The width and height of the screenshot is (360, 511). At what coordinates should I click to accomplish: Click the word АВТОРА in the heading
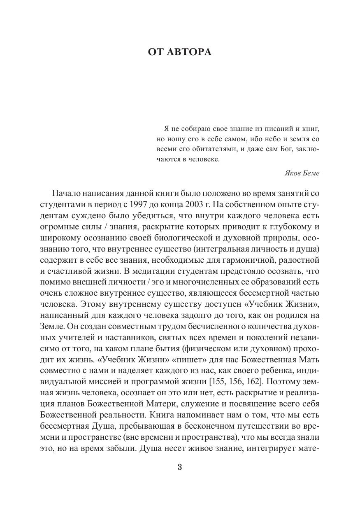(191, 52)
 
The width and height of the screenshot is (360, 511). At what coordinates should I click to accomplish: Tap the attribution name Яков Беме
(302, 173)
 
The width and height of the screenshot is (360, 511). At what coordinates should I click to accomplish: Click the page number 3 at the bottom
(179, 467)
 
